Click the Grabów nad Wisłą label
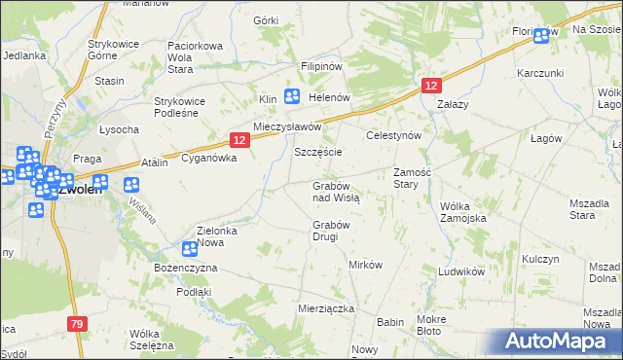point(336,191)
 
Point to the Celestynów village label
point(392,136)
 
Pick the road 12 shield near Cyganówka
point(240,140)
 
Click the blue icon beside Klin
point(292,95)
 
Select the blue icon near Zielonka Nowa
point(191,249)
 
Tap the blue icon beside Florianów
point(541,35)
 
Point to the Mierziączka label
point(325,307)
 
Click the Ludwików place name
point(461,272)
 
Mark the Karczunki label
point(541,74)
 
